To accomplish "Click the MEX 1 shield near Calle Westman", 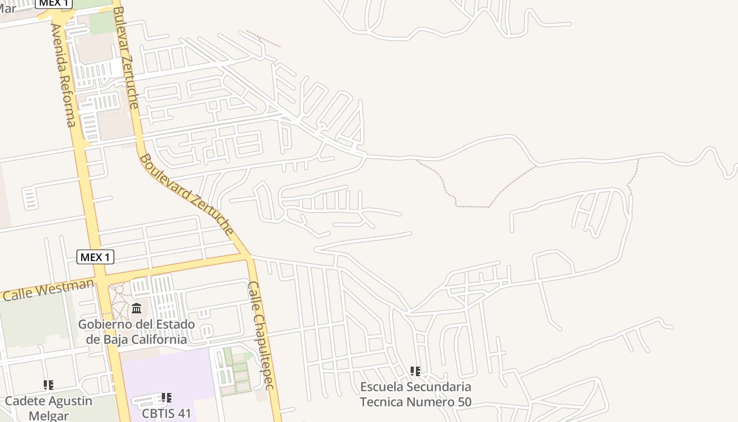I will click(95, 257).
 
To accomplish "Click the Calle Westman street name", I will click(48, 290).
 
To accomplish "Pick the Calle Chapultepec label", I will click(261, 335).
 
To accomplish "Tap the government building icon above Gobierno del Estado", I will click(137, 308).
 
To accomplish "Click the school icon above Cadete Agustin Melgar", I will click(48, 385).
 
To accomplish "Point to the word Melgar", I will click(48, 416).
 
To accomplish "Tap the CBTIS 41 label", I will click(166, 413).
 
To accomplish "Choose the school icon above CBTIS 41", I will click(166, 398).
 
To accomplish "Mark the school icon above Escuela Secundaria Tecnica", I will click(415, 371).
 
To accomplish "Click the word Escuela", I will click(380, 387).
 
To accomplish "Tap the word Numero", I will click(427, 402).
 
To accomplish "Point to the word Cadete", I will click(24, 401).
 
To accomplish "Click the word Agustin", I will click(70, 401).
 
